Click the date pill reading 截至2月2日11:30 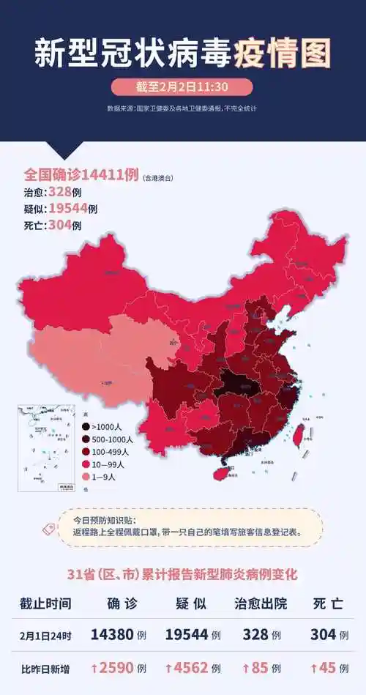182,87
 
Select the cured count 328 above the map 59,193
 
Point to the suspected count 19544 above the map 68,209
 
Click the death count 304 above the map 59,226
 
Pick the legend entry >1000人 106,426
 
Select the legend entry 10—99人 106,464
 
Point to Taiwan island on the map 299,436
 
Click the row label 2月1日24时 45,635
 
